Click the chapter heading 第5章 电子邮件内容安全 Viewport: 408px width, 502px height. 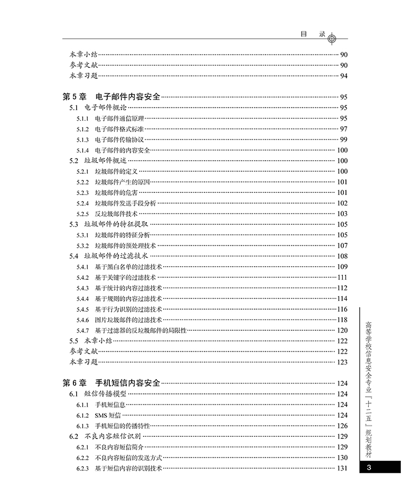pyautogui.click(x=112, y=97)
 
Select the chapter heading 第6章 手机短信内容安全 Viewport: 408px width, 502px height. pyautogui.click(x=112, y=382)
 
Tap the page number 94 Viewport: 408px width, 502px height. pyautogui.click(x=343, y=76)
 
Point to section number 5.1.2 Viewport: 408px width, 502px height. pyautogui.click(x=82, y=129)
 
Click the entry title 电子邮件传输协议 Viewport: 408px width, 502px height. pyautogui.click(x=119, y=140)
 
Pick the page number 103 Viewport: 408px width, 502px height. pyautogui.click(x=342, y=214)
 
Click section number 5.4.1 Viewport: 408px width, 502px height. pyautogui.click(x=82, y=266)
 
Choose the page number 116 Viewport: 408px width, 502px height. pyautogui.click(x=342, y=309)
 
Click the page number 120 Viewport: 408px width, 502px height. pyautogui.click(x=342, y=330)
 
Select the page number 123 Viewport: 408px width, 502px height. pyautogui.click(x=342, y=362)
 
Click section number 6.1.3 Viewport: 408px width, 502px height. pyautogui.click(x=82, y=426)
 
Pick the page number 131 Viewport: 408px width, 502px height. pyautogui.click(x=342, y=468)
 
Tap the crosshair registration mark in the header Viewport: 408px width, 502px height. pyautogui.click(x=332, y=38)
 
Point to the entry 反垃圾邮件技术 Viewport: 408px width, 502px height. pyautogui.click(x=116, y=214)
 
